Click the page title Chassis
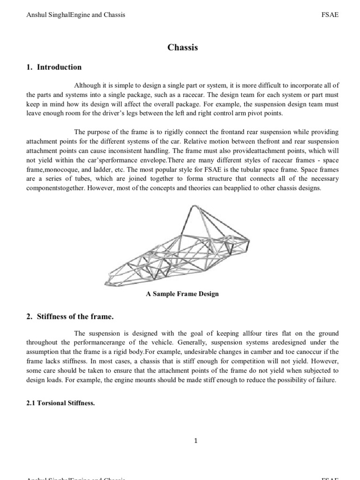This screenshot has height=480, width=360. pos(182,47)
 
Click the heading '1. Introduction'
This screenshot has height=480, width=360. pos(54,67)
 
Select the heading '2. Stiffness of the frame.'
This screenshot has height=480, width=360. pos(70,317)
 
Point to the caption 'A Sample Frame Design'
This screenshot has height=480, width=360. pos(182,294)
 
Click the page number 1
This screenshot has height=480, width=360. pos(182,440)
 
